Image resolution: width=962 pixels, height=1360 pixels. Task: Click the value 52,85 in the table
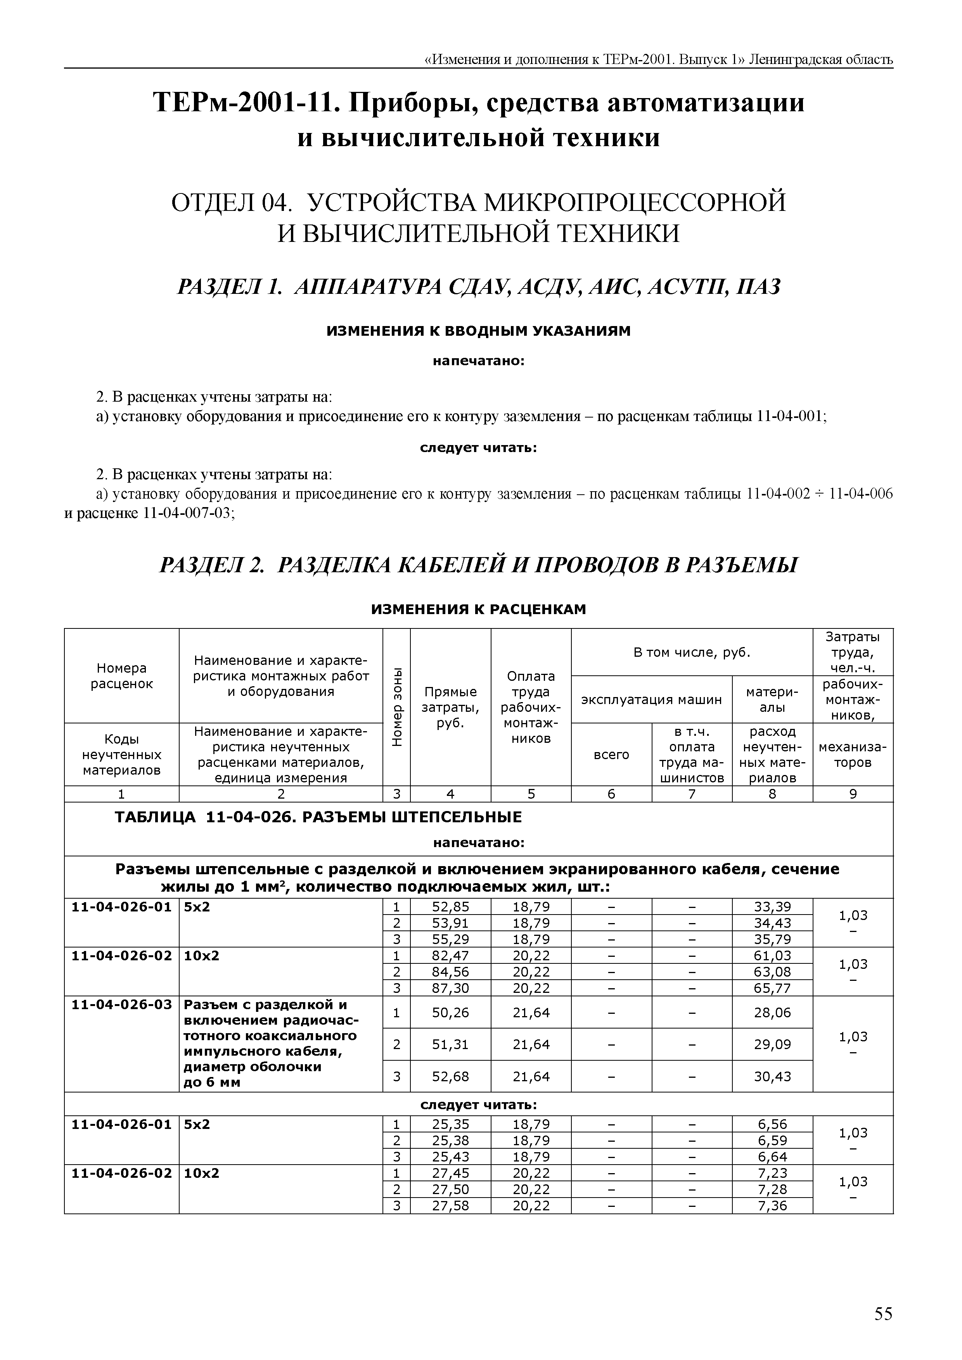tap(450, 907)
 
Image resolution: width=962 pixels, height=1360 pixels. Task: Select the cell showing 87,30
tap(450, 988)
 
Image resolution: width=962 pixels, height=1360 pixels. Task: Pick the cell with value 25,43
tap(450, 1156)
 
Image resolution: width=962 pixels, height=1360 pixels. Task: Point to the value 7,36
tap(772, 1205)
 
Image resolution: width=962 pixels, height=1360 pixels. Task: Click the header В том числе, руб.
tap(691, 653)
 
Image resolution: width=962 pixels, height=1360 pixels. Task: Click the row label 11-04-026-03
tap(121, 1004)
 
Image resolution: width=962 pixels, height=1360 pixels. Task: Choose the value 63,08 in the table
tap(772, 972)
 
